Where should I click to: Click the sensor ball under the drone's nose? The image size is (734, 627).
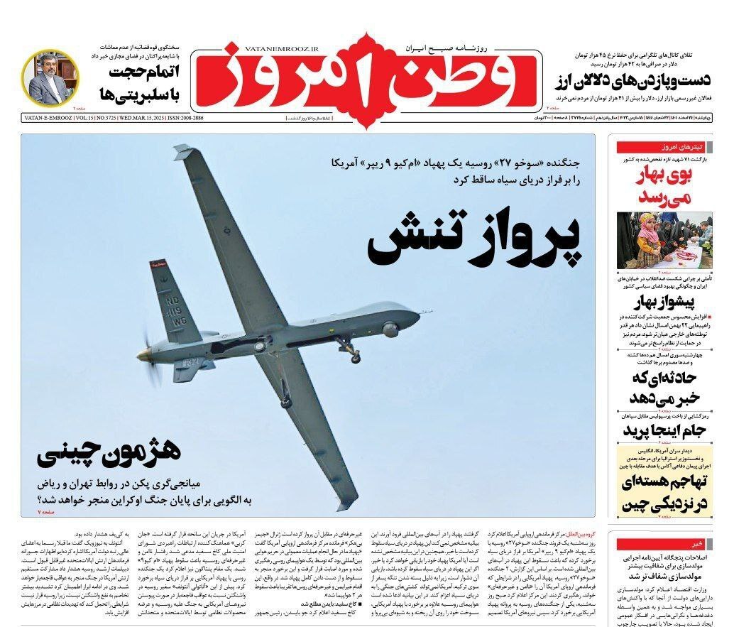point(390,329)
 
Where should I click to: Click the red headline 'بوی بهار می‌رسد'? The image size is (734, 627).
point(664,186)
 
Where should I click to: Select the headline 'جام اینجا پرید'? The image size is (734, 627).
point(662,432)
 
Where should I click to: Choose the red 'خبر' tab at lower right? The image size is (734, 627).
point(699,543)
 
